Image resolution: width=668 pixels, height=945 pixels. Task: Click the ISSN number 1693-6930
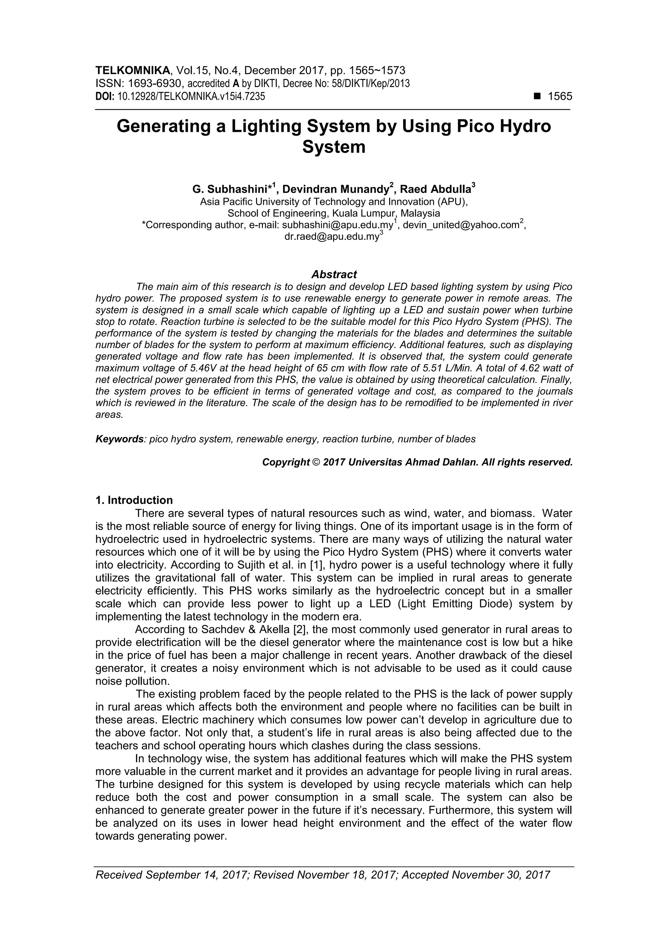click(x=154, y=84)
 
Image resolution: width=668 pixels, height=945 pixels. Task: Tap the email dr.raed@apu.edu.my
click(x=331, y=237)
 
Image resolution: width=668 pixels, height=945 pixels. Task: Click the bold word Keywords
click(x=119, y=439)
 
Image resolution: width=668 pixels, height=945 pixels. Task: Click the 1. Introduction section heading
click(x=134, y=500)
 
